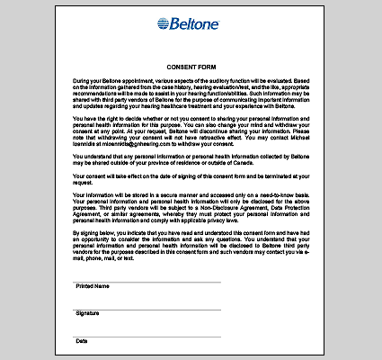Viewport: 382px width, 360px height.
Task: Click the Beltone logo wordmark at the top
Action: point(200,25)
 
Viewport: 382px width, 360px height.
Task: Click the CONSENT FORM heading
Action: point(191,67)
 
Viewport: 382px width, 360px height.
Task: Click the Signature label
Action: point(87,313)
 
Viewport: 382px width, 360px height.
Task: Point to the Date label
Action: point(82,341)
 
